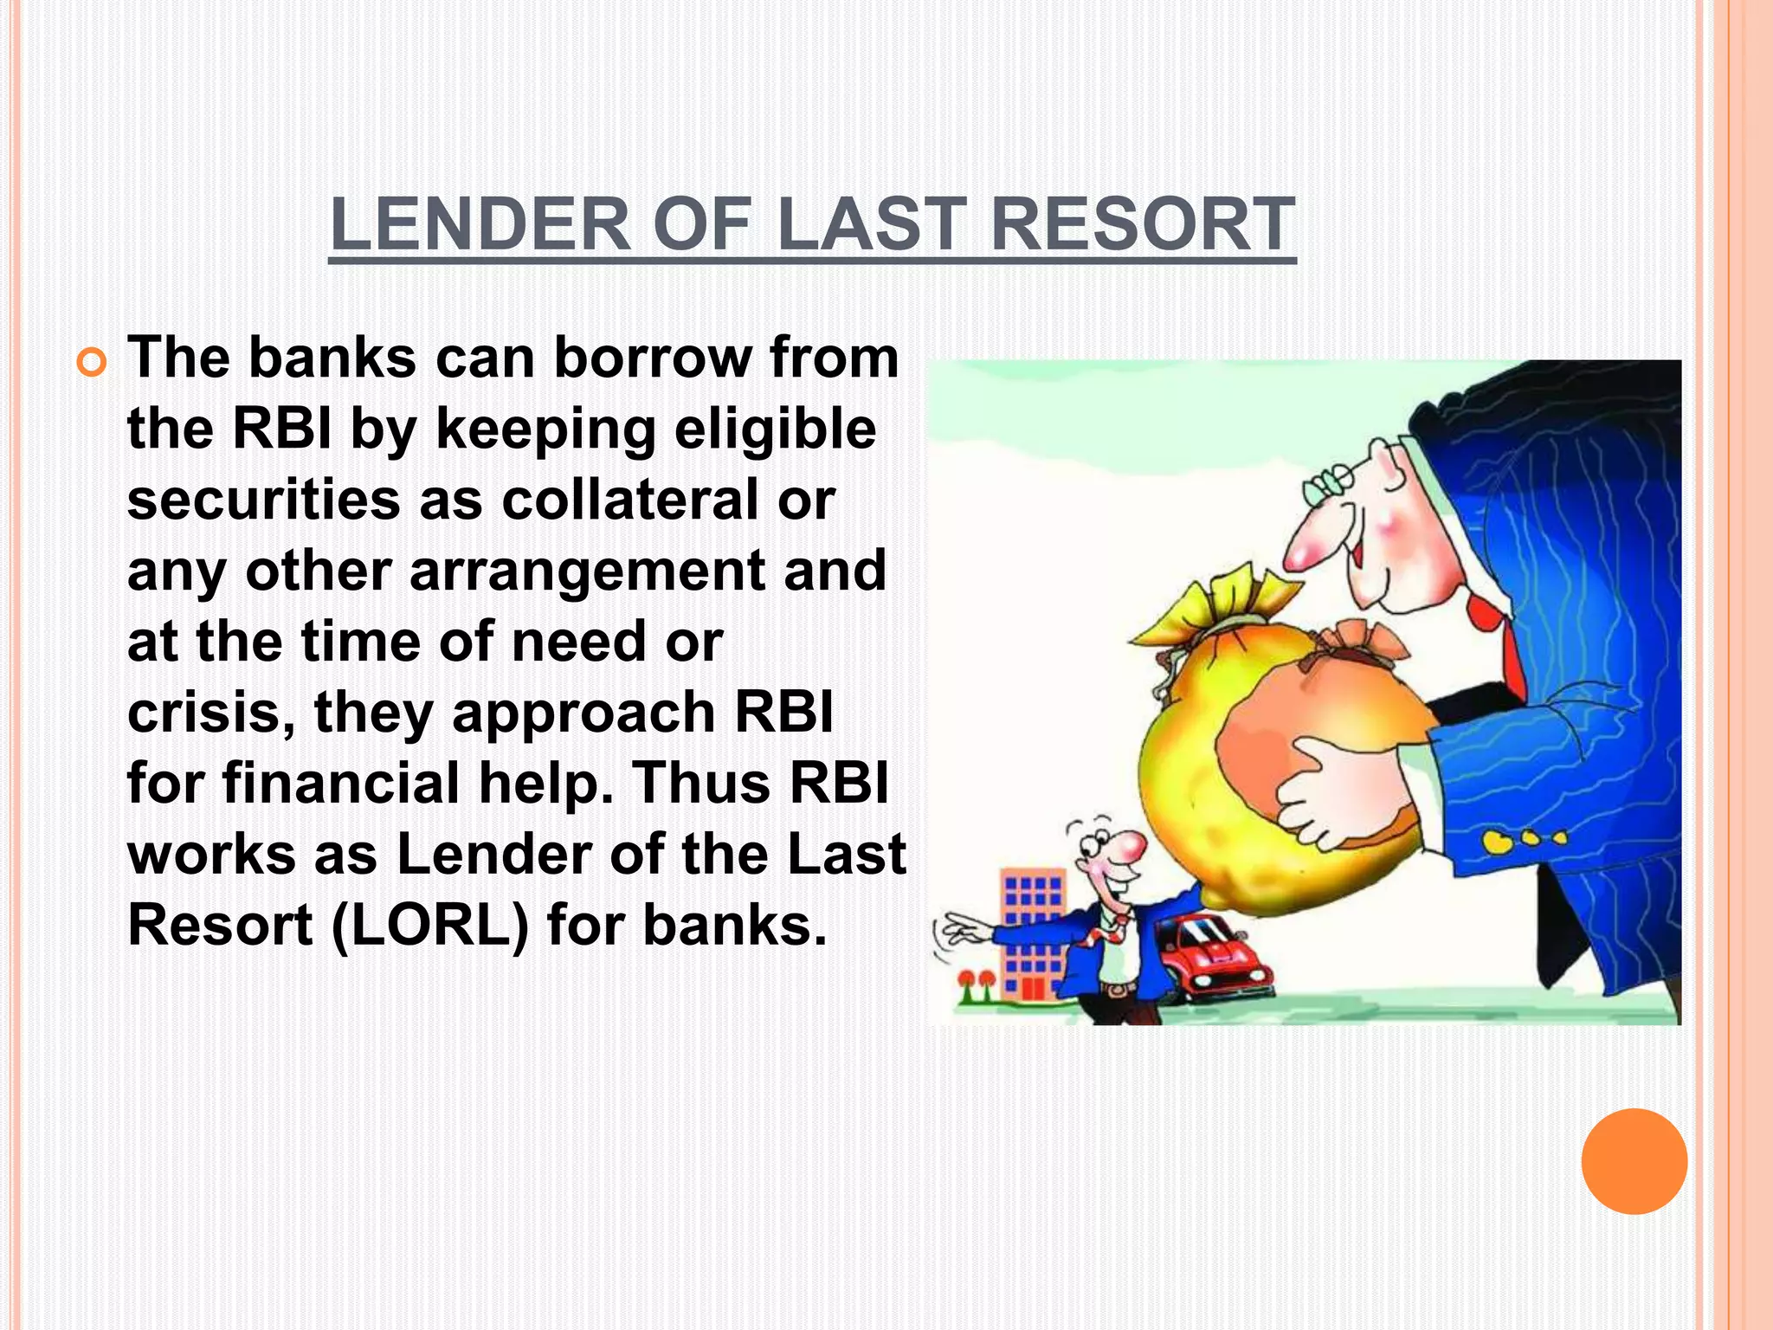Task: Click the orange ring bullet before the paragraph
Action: pyautogui.click(x=91, y=360)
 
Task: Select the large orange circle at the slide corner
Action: pyautogui.click(x=1634, y=1161)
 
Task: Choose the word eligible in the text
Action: pyautogui.click(x=775, y=429)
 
